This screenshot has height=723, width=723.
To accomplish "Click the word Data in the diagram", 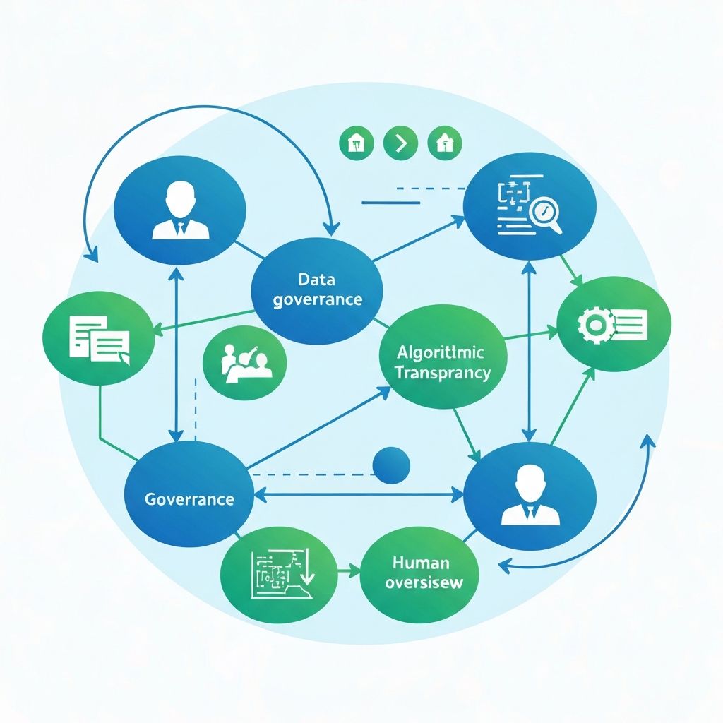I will pyautogui.click(x=316, y=279).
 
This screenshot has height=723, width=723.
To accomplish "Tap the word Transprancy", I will pyautogui.click(x=443, y=373).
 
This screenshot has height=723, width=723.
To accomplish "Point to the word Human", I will pyautogui.click(x=419, y=563).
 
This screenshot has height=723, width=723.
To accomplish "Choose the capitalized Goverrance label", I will pyautogui.click(x=189, y=499).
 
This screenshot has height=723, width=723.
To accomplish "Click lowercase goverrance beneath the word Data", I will pyautogui.click(x=317, y=299).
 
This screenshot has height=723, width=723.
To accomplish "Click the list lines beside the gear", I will pyautogui.click(x=631, y=324).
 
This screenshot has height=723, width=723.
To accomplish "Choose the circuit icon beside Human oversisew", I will pyautogui.click(x=280, y=568).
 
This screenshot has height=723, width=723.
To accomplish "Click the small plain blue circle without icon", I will pyautogui.click(x=390, y=465).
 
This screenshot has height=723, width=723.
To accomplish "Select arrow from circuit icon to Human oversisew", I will pyautogui.click(x=349, y=569).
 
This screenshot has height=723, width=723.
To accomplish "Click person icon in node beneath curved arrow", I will pyautogui.click(x=180, y=210).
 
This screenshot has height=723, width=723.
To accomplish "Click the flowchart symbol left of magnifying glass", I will pyautogui.click(x=513, y=198).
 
